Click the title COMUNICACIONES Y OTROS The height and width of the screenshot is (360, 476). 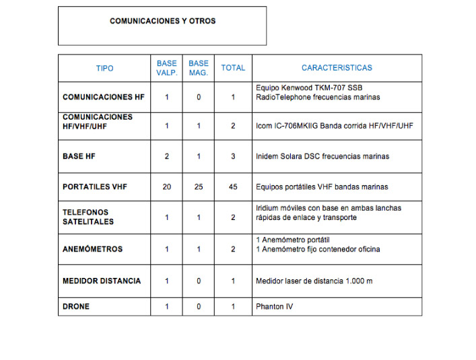[162, 21]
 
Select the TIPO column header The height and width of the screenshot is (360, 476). [104, 68]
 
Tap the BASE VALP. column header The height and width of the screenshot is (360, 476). [166, 68]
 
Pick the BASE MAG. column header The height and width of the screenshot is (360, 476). [199, 68]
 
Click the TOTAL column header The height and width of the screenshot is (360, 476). [233, 68]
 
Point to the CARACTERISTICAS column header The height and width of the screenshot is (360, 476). [337, 68]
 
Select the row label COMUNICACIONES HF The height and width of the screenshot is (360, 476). [103, 97]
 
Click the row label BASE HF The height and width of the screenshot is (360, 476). [78, 156]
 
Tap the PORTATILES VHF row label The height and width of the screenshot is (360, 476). [94, 186]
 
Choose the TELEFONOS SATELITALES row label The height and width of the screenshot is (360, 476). [88, 217]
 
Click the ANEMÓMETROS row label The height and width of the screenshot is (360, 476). [92, 249]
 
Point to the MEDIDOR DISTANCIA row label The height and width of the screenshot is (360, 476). [102, 281]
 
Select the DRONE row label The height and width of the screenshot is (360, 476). [76, 306]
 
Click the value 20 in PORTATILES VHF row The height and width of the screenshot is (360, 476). [166, 186]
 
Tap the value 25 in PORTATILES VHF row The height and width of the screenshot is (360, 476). [199, 186]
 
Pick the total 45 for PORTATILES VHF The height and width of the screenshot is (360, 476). [233, 186]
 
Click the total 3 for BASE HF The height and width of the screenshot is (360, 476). [233, 156]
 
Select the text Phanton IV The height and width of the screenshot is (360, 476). [274, 306]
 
